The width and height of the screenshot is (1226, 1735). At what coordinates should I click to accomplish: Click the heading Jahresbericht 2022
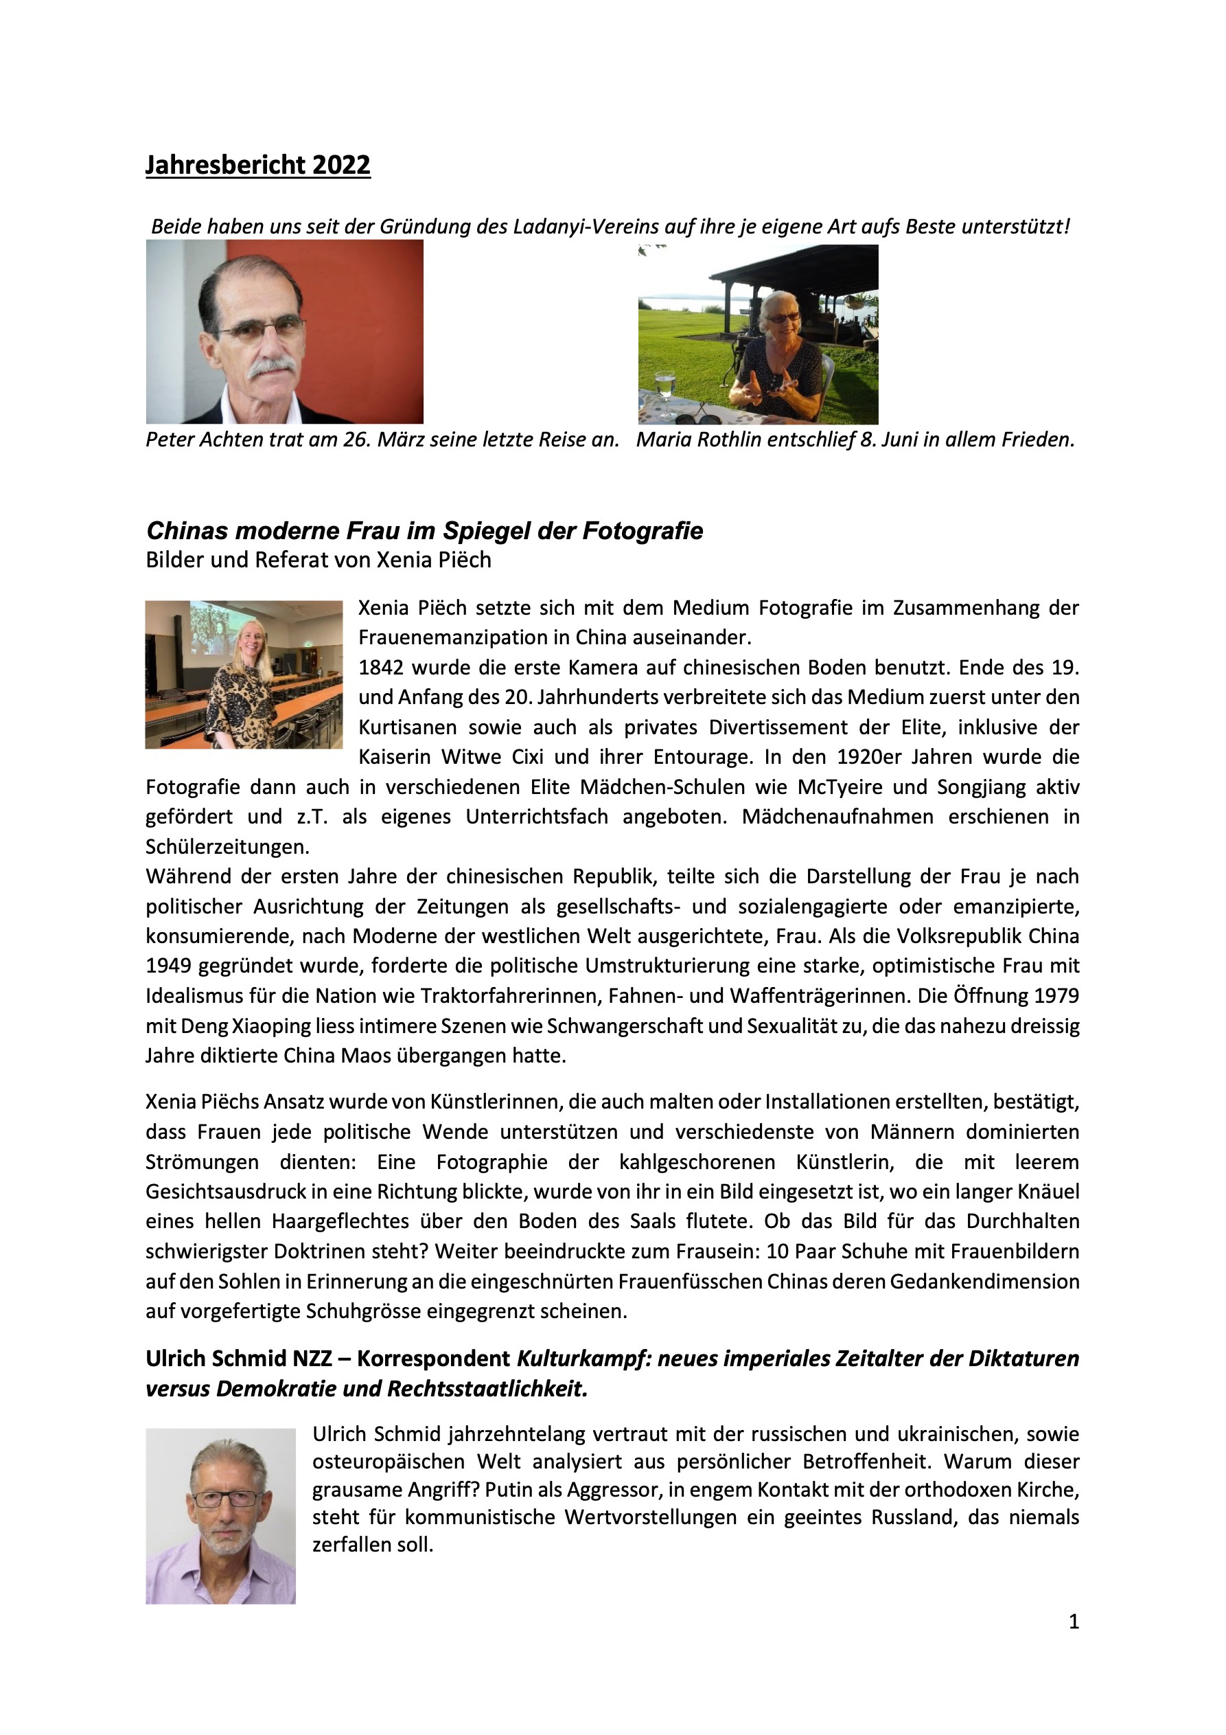point(257,165)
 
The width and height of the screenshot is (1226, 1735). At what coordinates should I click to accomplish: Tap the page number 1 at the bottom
point(1074,1621)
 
